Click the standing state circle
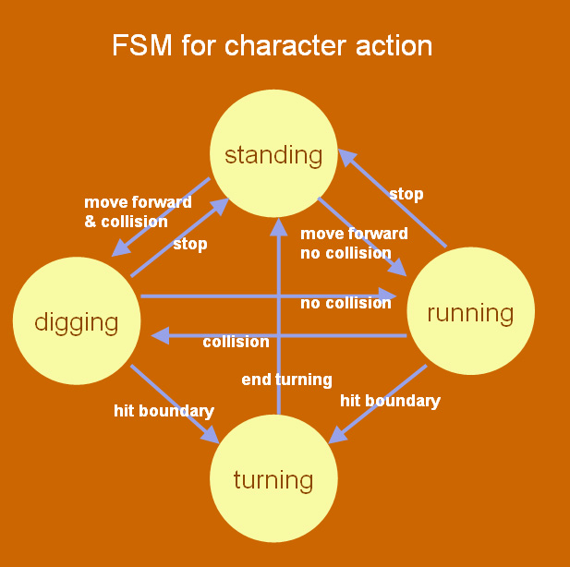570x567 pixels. [273, 153]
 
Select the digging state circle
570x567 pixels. [77, 321]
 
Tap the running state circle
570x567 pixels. [471, 311]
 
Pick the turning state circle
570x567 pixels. [273, 479]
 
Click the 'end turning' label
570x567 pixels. [286, 380]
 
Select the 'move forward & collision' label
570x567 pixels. [127, 211]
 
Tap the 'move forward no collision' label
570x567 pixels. [346, 243]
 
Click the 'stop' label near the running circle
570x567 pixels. [406, 194]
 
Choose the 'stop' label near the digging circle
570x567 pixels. [190, 244]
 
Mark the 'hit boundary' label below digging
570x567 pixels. [164, 410]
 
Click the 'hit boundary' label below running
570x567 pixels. [390, 401]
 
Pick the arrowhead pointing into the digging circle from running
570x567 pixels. [159, 335]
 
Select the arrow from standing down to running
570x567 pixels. [362, 236]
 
